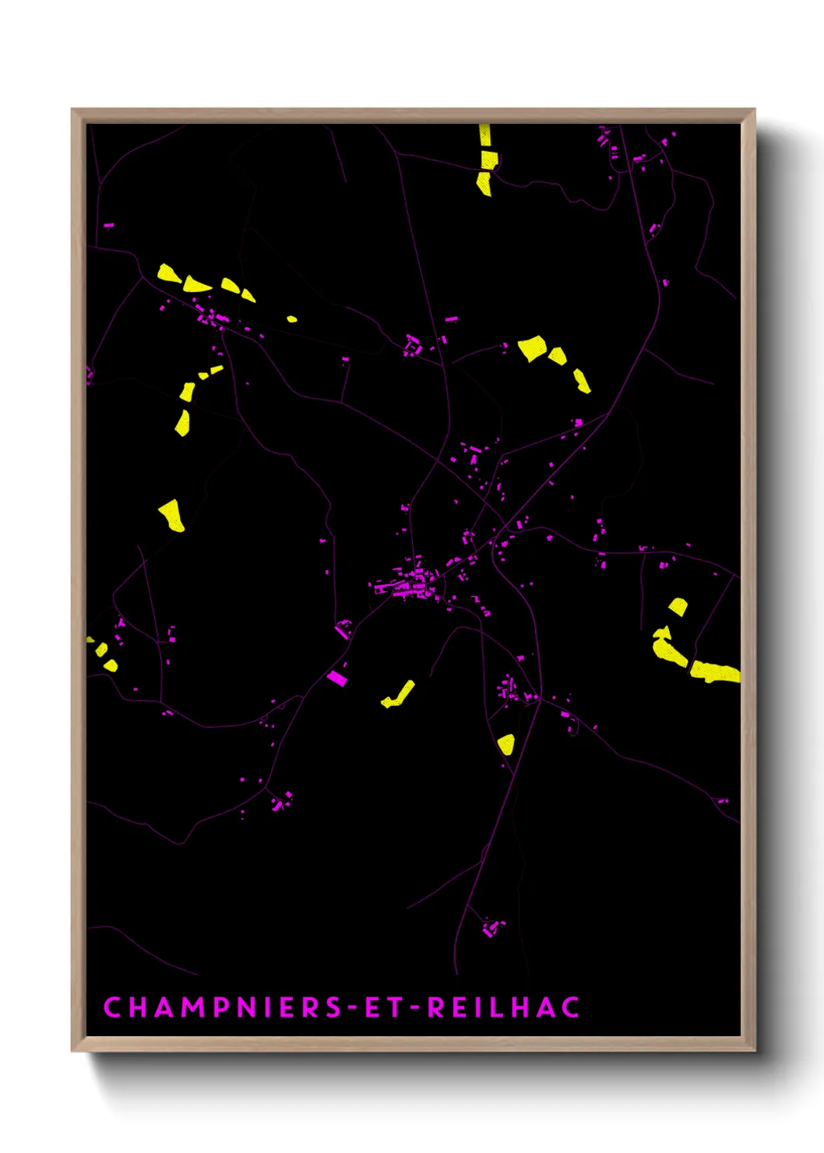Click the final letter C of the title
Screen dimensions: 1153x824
click(571, 1007)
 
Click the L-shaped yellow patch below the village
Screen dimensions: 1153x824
click(400, 695)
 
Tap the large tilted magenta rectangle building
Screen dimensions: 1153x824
click(336, 678)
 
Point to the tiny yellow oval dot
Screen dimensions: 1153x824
click(291, 319)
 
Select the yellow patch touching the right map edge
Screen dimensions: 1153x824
click(715, 672)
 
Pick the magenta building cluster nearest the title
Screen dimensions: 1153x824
click(491, 928)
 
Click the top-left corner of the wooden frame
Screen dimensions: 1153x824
click(72, 110)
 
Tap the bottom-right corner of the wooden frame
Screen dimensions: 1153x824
click(754, 1049)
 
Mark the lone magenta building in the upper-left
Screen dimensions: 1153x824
click(108, 226)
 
